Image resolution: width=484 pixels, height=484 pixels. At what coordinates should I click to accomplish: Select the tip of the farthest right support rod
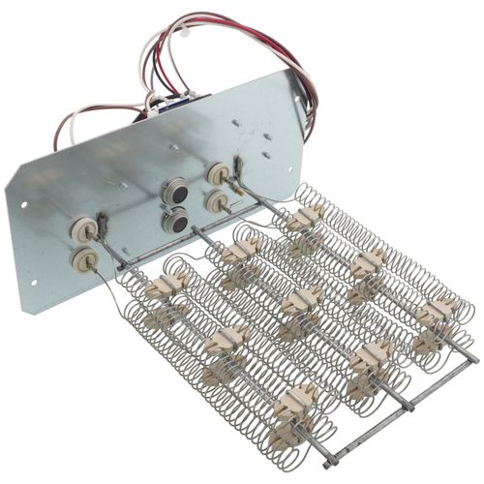[473, 359]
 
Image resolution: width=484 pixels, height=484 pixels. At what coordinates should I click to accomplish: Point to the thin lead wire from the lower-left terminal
[105, 281]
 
